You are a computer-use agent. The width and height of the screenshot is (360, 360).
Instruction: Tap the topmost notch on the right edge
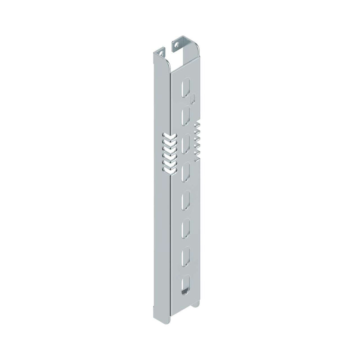197,124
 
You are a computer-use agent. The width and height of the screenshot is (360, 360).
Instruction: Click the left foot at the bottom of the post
154,311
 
